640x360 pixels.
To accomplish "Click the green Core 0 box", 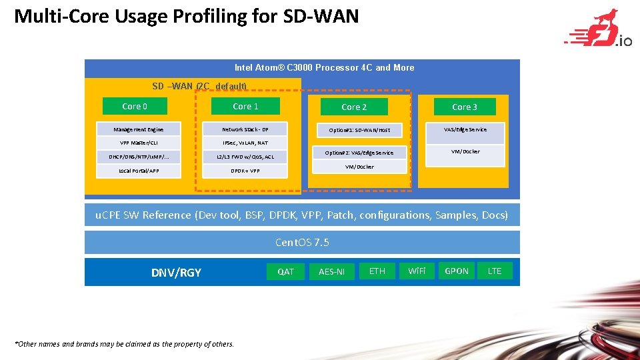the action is (x=135, y=106).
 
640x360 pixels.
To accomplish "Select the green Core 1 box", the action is (x=245, y=106).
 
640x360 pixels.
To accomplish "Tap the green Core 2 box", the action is (x=354, y=107).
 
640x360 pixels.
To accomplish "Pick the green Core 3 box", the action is (x=465, y=107).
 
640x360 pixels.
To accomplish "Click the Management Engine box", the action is (x=138, y=129).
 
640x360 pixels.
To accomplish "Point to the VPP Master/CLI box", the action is (x=138, y=143).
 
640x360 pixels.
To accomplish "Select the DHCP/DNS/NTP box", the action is (x=138, y=157).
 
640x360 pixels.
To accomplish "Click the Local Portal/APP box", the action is (x=138, y=171).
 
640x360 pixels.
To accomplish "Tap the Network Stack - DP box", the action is (x=245, y=129).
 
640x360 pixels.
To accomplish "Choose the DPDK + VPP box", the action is (x=245, y=171).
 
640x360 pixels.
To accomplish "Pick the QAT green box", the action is (x=285, y=271).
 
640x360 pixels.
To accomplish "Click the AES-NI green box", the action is (x=331, y=271).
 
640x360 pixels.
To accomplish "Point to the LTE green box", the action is (x=495, y=271).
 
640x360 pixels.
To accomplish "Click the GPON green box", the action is (x=457, y=271).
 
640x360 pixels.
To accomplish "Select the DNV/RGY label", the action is (x=176, y=272).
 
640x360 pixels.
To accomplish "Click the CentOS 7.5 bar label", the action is (x=302, y=242).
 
